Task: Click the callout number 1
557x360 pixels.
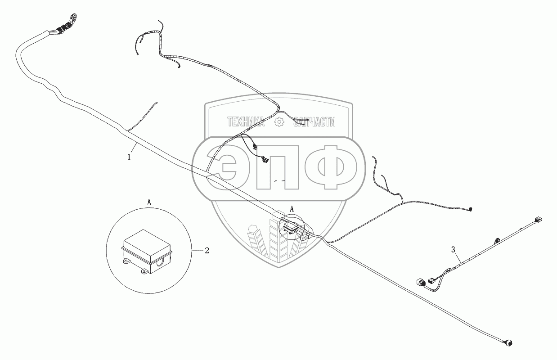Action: pyautogui.click(x=129, y=157)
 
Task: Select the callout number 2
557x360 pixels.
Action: pyautogui.click(x=207, y=251)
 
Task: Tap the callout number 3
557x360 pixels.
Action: pyautogui.click(x=453, y=249)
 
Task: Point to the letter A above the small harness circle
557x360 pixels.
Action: pyautogui.click(x=292, y=209)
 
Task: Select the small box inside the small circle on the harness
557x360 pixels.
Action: pyautogui.click(x=290, y=227)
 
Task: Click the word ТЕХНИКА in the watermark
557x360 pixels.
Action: pyautogui.click(x=246, y=121)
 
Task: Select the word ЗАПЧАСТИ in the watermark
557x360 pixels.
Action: pyautogui.click(x=314, y=121)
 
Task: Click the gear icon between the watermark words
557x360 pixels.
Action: pyautogui.click(x=279, y=121)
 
